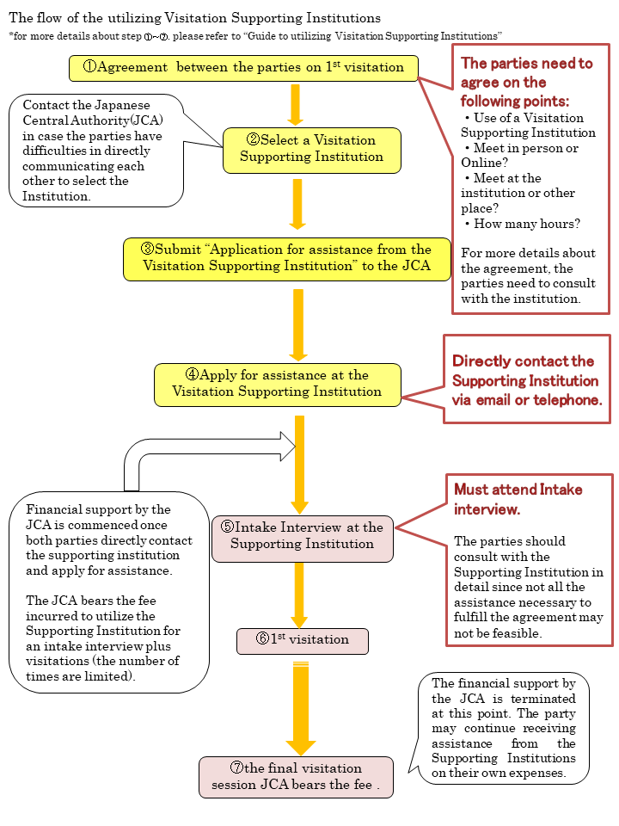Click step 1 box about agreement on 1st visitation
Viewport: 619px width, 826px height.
243,68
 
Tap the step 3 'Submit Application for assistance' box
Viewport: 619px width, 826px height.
287,258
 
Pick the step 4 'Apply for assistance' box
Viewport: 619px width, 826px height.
277,384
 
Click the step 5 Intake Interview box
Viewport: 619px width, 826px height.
302,535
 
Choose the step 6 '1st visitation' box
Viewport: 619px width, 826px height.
302,640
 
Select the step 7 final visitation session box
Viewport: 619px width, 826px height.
296,776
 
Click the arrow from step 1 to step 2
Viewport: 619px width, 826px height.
295,104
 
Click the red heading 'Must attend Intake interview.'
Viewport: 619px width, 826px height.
518,499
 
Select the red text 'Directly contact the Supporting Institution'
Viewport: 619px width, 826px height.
525,380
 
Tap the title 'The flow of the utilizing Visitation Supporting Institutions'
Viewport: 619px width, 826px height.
194,18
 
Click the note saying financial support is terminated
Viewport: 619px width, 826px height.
504,728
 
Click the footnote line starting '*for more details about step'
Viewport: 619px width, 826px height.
255,36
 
